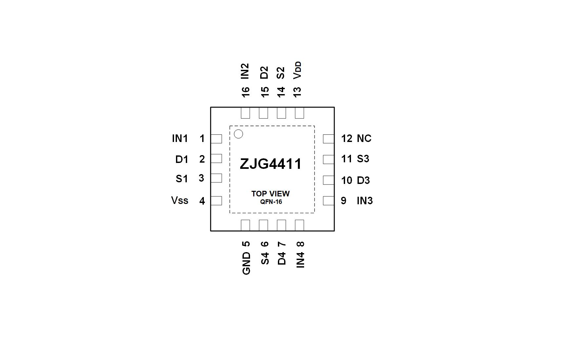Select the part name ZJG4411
(271, 164)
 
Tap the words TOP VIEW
(270, 194)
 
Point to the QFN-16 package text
(271, 202)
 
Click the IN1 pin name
(180, 138)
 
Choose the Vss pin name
(180, 200)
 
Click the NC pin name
(364, 138)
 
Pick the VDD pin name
(297, 70)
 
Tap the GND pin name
(246, 263)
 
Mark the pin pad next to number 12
(328, 139)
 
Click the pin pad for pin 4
(216, 201)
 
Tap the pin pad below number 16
(245, 113)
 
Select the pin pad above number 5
(245, 225)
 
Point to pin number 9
(343, 201)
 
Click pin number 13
(297, 92)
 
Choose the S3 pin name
(363, 159)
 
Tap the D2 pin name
(264, 72)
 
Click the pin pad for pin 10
(328, 180)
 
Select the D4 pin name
(282, 258)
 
